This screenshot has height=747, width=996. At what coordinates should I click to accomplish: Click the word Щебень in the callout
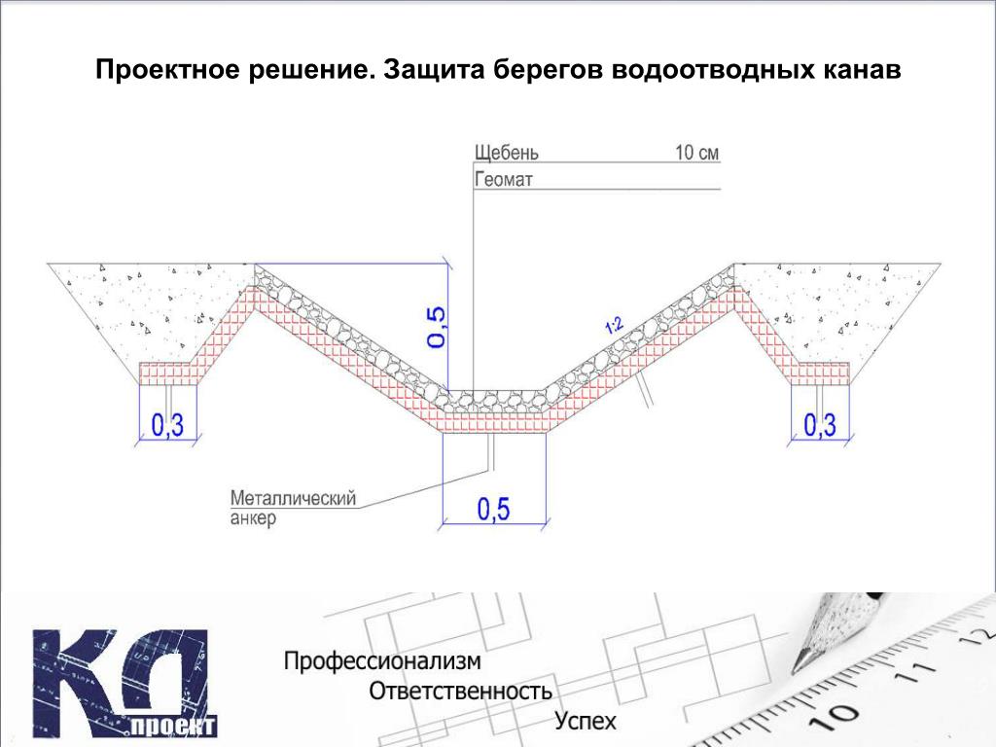pyautogui.click(x=506, y=153)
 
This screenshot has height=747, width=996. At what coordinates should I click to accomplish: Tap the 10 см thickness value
pyautogui.click(x=696, y=153)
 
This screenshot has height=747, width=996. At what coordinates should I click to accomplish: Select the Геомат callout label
pyautogui.click(x=503, y=180)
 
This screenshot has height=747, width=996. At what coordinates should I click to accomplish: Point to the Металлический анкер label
pyautogui.click(x=293, y=508)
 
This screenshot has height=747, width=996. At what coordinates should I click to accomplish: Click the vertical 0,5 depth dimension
pyautogui.click(x=437, y=327)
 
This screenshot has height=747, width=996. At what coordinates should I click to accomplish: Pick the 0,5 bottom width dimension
pyautogui.click(x=493, y=509)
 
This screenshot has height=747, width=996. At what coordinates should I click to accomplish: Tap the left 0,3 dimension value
pyautogui.click(x=167, y=425)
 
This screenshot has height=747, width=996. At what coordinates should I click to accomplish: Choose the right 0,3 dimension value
pyautogui.click(x=820, y=425)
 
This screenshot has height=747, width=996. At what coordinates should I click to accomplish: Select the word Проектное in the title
pyautogui.click(x=167, y=69)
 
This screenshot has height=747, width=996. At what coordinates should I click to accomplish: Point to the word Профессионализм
pyautogui.click(x=381, y=661)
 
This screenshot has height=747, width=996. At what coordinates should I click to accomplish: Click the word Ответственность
pyautogui.click(x=460, y=691)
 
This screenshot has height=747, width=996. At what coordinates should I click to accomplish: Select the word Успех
pyautogui.click(x=586, y=721)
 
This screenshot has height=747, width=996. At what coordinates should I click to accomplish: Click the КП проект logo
pyautogui.click(x=125, y=683)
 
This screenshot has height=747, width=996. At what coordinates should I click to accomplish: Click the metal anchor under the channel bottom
pyautogui.click(x=490, y=451)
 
